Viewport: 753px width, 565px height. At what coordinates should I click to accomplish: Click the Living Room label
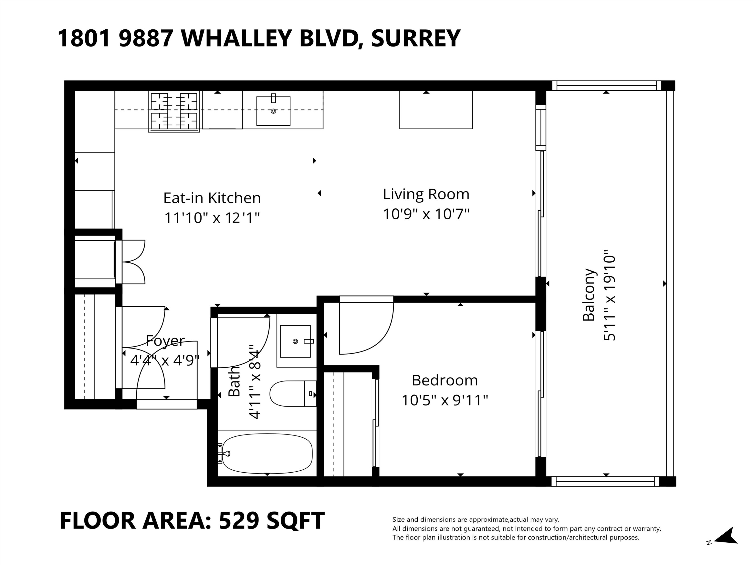click(x=426, y=194)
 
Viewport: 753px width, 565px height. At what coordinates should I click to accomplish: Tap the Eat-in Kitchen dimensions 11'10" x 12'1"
click(x=212, y=218)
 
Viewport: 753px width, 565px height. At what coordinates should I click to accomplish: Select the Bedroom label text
click(x=445, y=380)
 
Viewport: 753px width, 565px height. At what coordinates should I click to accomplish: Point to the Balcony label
click(x=589, y=295)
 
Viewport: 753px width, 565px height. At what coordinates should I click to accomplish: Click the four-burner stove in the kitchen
click(x=174, y=111)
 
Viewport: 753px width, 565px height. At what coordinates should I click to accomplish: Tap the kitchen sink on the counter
click(x=273, y=111)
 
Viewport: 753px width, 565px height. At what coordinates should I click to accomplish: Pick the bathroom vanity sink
click(x=295, y=341)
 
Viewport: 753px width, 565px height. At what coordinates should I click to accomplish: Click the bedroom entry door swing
click(x=366, y=327)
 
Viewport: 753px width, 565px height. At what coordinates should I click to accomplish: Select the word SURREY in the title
click(x=416, y=38)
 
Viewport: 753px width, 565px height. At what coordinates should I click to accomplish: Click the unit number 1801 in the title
click(x=84, y=38)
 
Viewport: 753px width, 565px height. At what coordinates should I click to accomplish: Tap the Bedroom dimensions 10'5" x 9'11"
click(x=445, y=400)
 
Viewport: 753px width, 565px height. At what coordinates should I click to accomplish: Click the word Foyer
click(x=165, y=341)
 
